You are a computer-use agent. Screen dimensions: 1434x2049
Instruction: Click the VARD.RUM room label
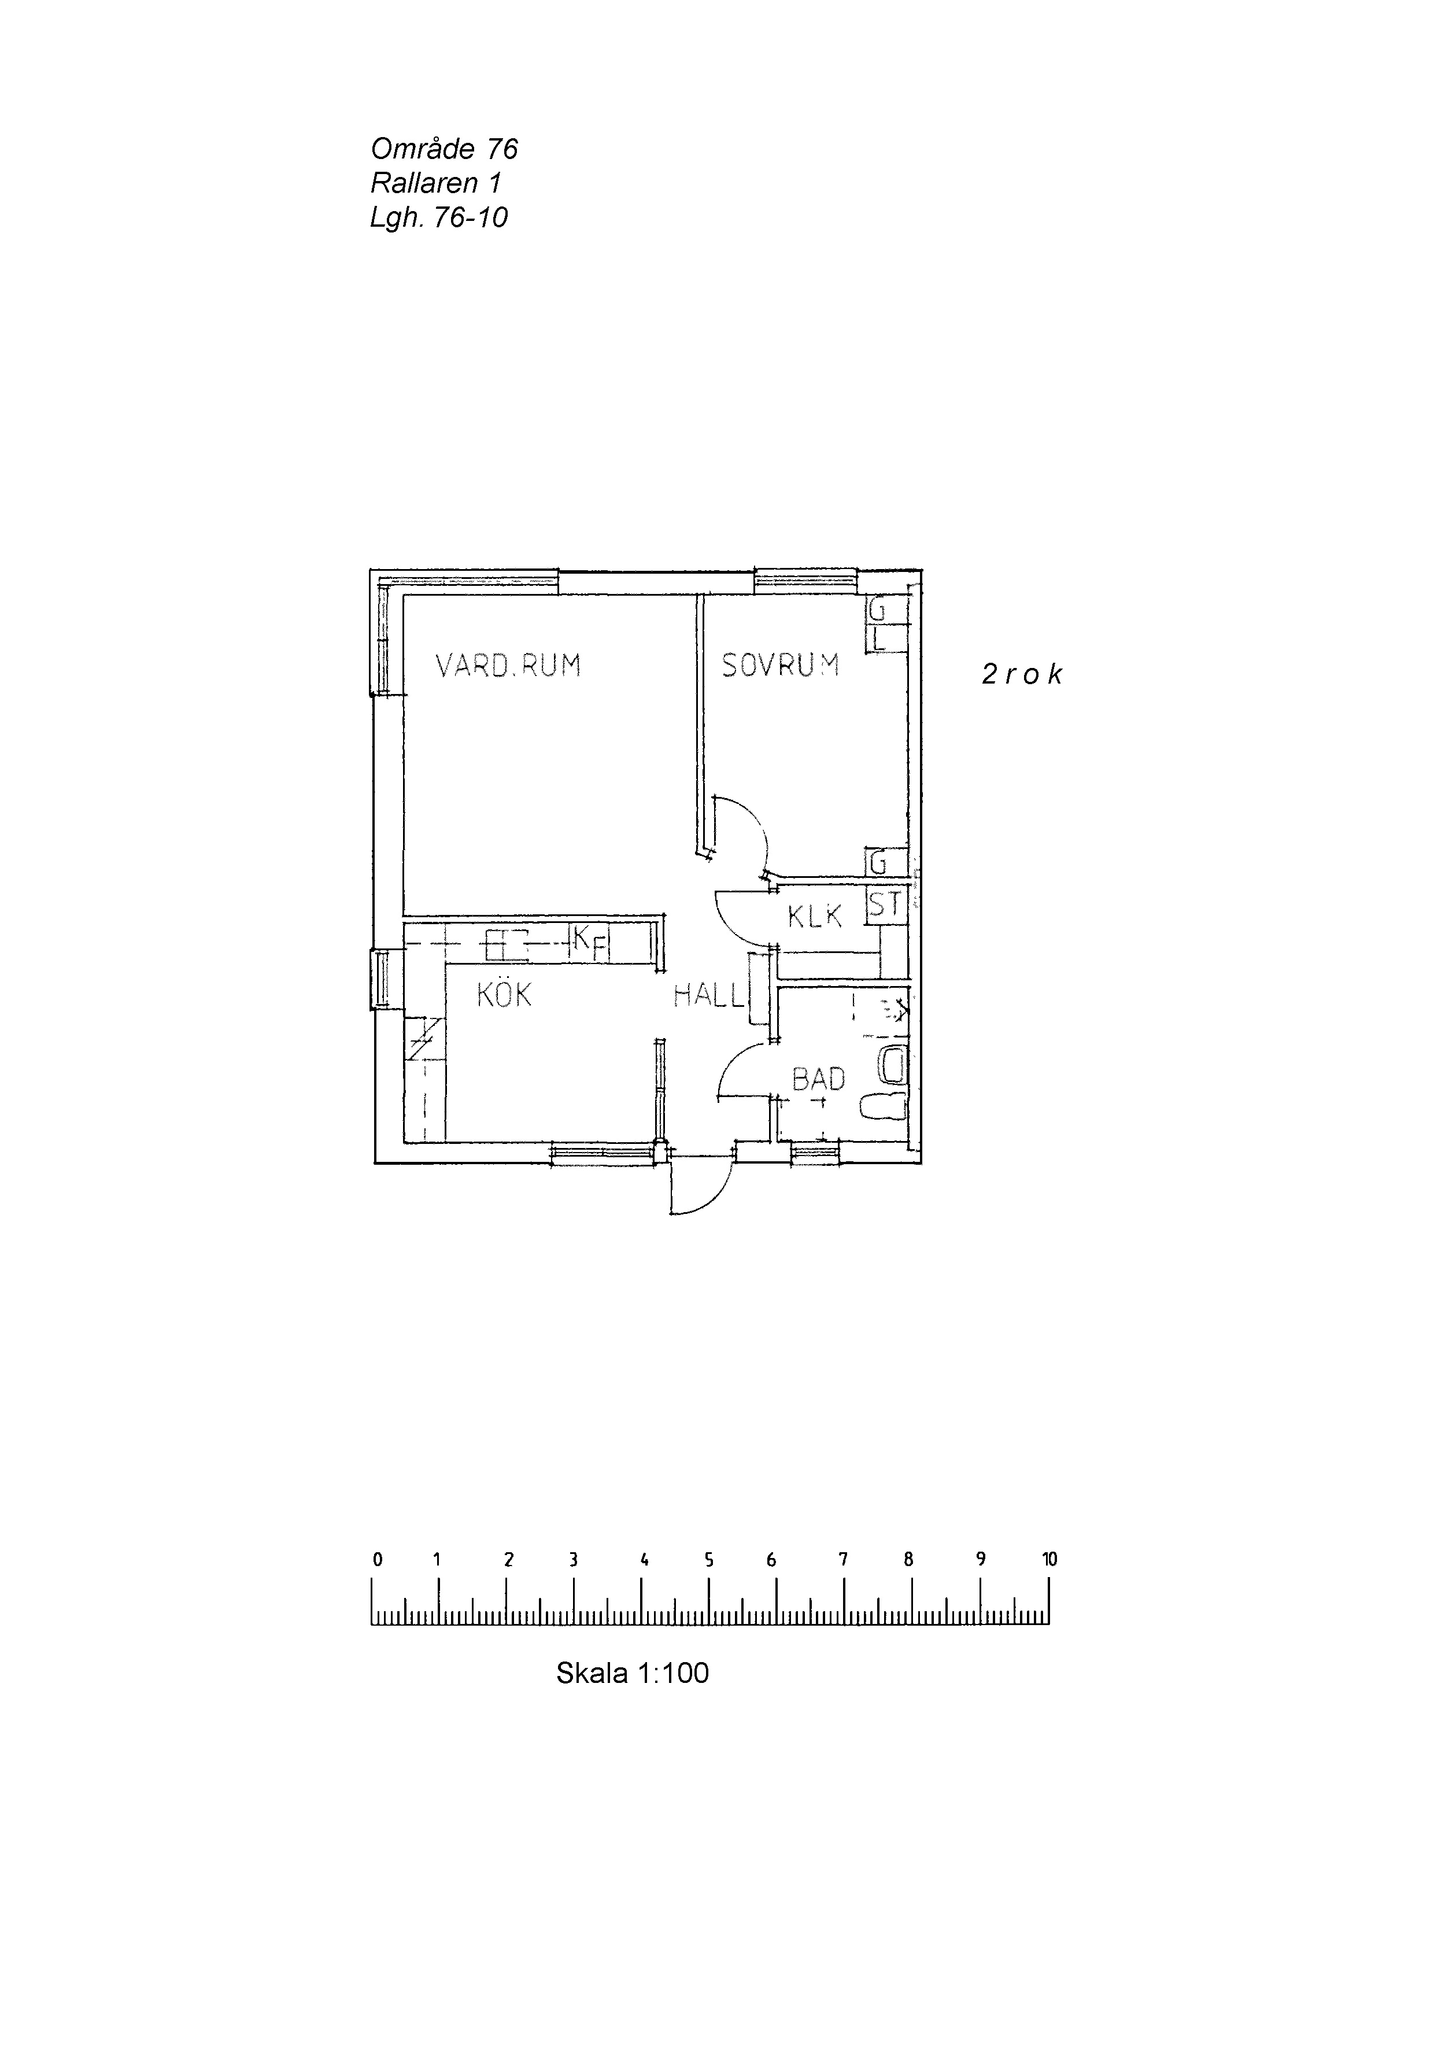(508, 666)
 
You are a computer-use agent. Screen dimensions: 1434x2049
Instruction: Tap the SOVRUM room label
(780, 666)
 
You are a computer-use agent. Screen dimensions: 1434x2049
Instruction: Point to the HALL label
(708, 995)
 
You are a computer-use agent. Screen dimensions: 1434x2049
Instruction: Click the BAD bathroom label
(818, 1079)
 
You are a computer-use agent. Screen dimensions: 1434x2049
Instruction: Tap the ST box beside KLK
(885, 905)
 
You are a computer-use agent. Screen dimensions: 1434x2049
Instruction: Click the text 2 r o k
(1022, 675)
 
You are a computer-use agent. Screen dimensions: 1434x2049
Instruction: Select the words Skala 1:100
(632, 1673)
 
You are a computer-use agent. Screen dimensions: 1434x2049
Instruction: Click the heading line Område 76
(443, 148)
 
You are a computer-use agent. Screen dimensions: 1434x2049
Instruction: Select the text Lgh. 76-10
(439, 217)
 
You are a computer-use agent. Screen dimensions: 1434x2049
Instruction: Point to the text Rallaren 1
(435, 183)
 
